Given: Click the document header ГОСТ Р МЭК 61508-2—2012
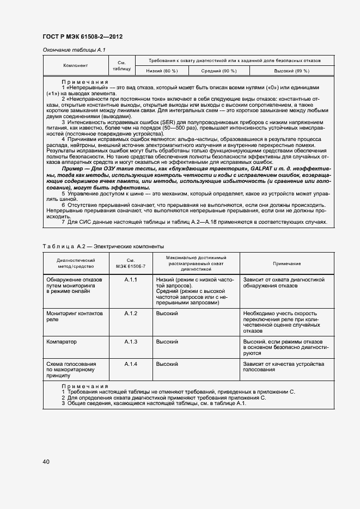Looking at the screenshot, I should (x=82, y=37).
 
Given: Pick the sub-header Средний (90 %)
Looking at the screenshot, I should (x=219, y=71).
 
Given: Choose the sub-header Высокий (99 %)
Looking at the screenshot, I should (x=291, y=71).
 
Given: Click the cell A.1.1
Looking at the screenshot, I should (x=131, y=279).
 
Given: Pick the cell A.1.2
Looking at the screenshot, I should (x=131, y=314).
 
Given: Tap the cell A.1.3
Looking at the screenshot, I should (x=131, y=341).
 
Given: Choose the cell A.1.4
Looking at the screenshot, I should (x=131, y=364).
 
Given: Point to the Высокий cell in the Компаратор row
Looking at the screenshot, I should (x=167, y=341).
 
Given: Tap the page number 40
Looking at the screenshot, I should (x=46, y=462).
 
